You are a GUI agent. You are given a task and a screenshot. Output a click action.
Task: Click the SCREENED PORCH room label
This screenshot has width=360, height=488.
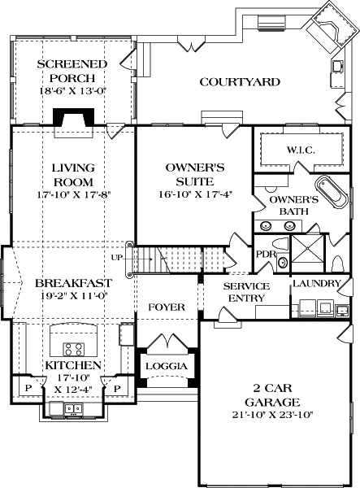pos(72,72)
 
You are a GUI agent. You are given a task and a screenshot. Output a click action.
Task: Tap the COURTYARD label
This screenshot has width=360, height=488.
pos(240,82)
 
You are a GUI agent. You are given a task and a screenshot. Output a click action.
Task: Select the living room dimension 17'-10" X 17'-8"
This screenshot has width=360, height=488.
pos(73,195)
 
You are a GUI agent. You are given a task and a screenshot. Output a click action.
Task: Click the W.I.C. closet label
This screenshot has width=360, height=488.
pos(300,150)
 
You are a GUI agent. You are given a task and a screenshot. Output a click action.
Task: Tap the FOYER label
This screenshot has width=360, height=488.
pos(166,307)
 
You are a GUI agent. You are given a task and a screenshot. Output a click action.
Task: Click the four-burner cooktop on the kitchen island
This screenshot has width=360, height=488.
pos(73,349)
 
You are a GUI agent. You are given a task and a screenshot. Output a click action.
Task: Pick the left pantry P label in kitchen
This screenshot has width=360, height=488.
pos(29,389)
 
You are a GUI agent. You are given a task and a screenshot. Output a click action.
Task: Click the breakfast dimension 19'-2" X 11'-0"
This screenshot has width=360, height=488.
pos(73,298)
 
